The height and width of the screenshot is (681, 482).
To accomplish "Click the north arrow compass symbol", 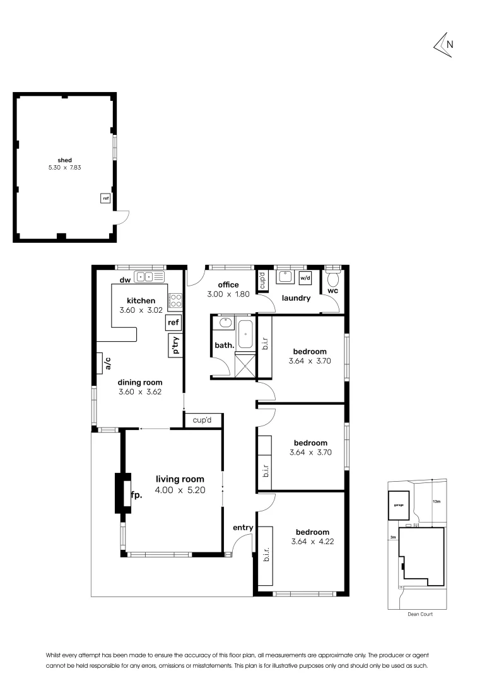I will click(x=444, y=44).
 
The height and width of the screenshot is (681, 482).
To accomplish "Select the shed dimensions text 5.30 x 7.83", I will click(x=65, y=168).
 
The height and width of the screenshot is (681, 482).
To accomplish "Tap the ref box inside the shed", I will click(x=105, y=199).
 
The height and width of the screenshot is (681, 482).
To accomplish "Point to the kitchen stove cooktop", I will click(x=175, y=300).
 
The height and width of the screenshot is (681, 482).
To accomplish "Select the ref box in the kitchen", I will click(x=173, y=323).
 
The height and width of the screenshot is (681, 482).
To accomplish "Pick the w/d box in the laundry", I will click(x=305, y=277).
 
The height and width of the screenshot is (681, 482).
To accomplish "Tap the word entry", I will click(x=243, y=528).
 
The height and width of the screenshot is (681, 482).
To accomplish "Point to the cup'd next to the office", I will click(x=262, y=279).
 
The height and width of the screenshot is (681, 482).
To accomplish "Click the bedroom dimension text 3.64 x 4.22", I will click(x=310, y=542).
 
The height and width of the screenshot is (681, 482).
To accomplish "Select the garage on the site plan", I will click(x=398, y=504).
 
